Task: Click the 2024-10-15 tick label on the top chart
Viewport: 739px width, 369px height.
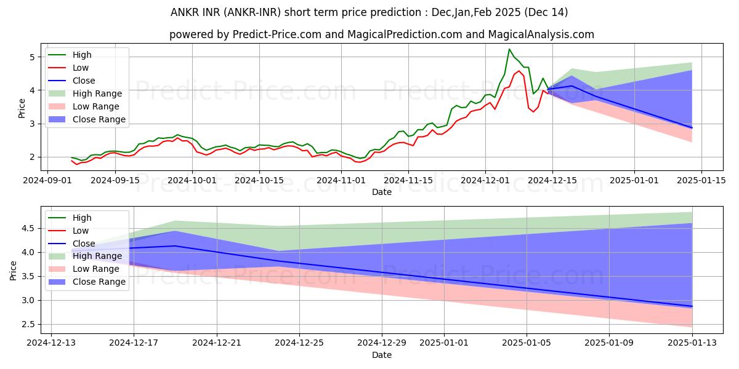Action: [259, 180]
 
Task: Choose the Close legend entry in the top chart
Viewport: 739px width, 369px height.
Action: [84, 81]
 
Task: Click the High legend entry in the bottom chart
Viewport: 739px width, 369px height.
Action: [82, 218]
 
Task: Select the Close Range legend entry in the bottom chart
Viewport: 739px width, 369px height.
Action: [99, 282]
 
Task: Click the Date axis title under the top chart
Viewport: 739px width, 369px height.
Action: [382, 192]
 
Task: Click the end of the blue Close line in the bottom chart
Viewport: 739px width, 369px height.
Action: [692, 306]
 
